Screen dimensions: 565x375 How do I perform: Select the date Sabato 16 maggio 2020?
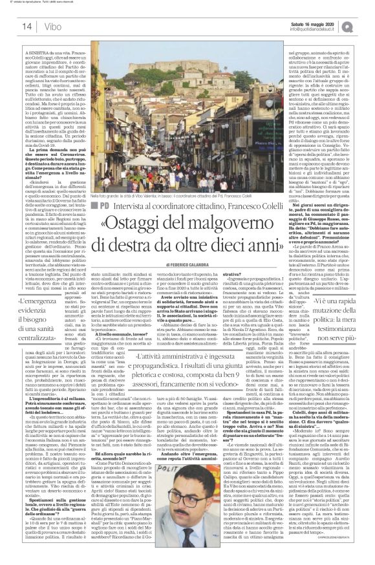pyautogui.click(x=311, y=22)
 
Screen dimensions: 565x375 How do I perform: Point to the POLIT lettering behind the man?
pyautogui.click(x=175, y=456)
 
